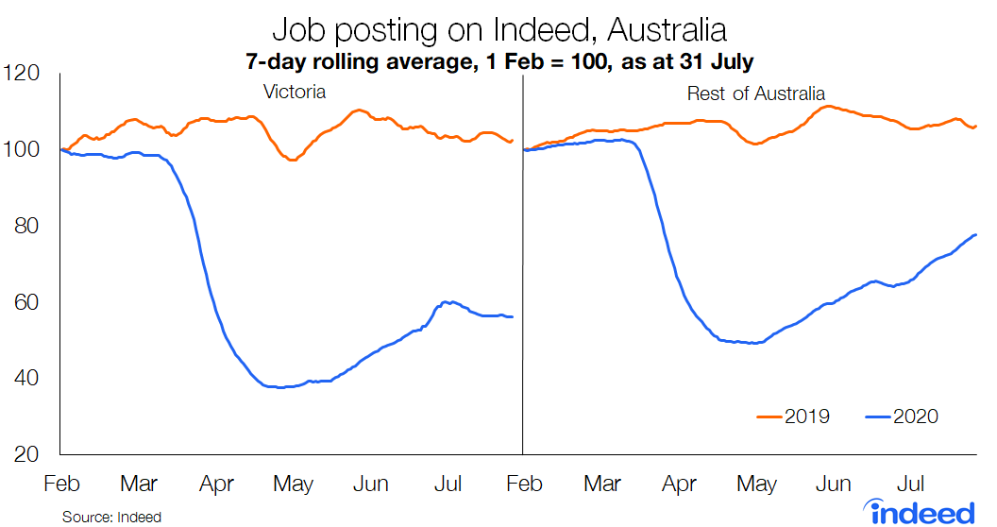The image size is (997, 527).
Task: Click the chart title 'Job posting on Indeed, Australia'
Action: [x=498, y=29]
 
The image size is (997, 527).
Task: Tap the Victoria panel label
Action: [x=294, y=93]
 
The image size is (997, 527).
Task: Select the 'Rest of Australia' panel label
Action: [x=755, y=93]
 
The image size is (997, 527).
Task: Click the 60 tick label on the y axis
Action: [x=28, y=302]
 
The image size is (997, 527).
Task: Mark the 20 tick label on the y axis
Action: [x=28, y=454]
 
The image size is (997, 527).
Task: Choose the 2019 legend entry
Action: [x=793, y=416]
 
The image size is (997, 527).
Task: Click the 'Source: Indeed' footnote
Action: [x=111, y=518]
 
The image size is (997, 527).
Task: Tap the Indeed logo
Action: [x=921, y=510]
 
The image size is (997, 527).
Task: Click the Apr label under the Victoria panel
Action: [x=216, y=484]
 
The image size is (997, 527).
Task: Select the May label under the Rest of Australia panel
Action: [x=756, y=484]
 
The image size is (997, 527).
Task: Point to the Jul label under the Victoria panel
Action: [x=448, y=484]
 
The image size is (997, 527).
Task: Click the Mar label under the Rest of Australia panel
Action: [x=602, y=484]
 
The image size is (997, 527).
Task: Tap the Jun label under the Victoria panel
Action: [x=370, y=484]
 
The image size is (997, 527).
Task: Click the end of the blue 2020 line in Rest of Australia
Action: [x=975, y=234]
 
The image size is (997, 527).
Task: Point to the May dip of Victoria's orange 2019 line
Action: [x=292, y=161]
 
